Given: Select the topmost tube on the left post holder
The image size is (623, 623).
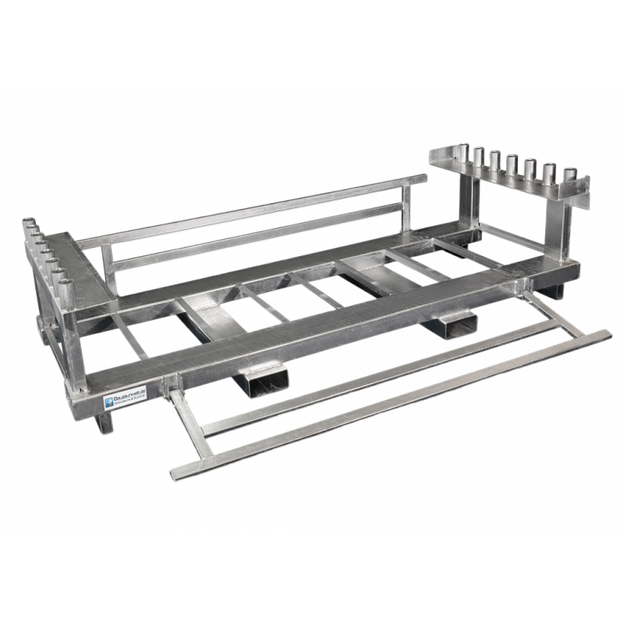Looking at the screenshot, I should (x=29, y=224).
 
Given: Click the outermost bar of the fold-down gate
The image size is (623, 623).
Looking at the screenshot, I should (x=389, y=404).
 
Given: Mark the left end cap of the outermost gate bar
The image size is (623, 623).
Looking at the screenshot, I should (x=173, y=473).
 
